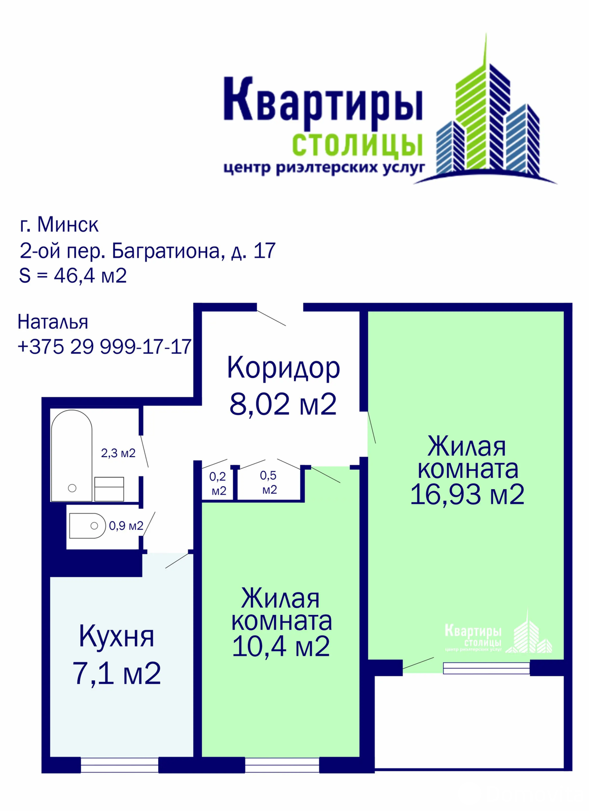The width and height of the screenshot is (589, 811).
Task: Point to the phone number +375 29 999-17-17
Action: click(104, 347)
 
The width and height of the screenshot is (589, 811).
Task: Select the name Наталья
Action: click(53, 322)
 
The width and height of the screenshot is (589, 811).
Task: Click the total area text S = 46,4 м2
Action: click(73, 276)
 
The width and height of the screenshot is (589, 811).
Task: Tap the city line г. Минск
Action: click(59, 225)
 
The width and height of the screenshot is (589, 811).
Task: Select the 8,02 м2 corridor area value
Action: click(283, 404)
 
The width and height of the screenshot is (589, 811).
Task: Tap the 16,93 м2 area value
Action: click(467, 495)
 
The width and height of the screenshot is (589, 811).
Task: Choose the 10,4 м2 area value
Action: click(281, 647)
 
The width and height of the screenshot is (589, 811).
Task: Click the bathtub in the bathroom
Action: click(71, 456)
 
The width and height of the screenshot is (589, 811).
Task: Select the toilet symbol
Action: click(87, 526)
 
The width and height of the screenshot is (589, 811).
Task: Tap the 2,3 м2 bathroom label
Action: click(118, 453)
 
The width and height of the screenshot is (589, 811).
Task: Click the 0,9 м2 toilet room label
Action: click(126, 526)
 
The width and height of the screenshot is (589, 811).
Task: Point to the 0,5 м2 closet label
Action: click(269, 482)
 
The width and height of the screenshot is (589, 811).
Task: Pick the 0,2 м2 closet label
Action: click(218, 484)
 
